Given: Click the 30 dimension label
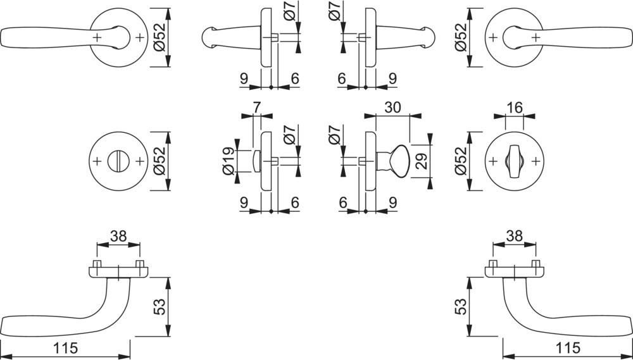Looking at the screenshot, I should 392,108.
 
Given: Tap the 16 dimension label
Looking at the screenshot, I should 514,108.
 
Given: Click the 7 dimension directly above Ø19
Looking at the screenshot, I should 257,108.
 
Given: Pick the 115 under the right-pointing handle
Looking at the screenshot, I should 567,347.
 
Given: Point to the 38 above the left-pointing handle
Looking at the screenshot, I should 118,236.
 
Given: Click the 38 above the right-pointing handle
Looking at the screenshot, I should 514,236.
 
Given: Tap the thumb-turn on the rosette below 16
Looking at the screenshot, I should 514,161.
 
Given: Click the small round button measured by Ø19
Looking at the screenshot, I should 255,161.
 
